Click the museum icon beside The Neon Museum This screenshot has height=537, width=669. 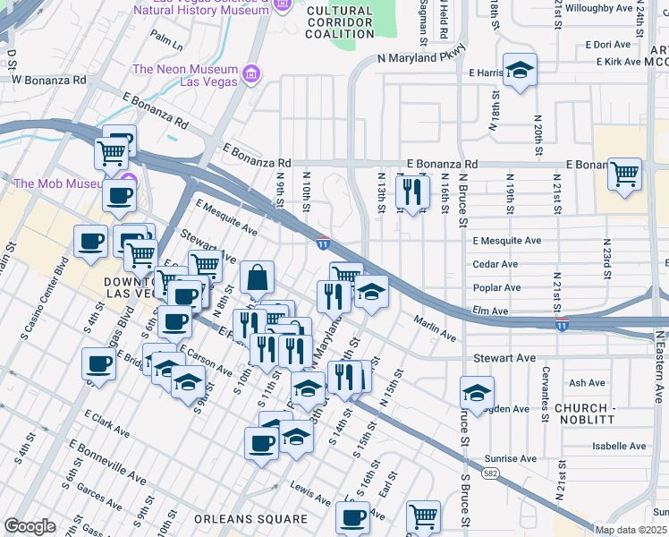point(251,71)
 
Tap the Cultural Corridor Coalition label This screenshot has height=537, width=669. point(339,21)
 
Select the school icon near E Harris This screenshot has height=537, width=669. point(518,71)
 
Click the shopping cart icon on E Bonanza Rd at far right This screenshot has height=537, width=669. point(624,172)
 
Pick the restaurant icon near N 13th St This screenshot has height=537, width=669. point(412,191)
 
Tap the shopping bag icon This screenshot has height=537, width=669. point(257,277)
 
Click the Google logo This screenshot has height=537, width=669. point(30,526)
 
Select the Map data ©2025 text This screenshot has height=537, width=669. point(631,530)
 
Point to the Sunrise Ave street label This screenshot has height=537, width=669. point(511,458)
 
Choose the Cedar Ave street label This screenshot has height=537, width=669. point(495,264)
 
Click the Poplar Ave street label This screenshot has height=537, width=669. point(497,287)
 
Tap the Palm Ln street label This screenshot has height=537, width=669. point(166,38)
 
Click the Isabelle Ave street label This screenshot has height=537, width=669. point(619,446)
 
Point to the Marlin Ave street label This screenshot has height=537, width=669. point(436,328)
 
